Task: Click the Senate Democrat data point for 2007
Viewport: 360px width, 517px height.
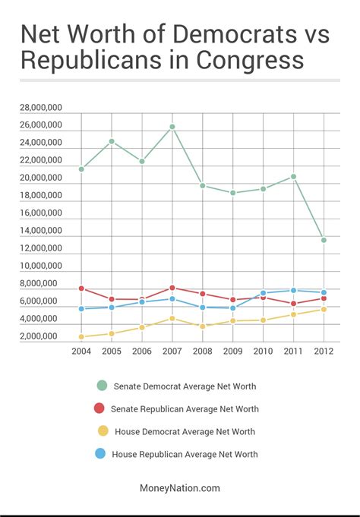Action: pos(172,127)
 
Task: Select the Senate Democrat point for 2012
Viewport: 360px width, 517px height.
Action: pos(324,240)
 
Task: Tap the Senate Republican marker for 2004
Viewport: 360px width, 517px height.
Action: pos(81,288)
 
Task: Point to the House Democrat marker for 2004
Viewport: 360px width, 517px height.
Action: pos(81,336)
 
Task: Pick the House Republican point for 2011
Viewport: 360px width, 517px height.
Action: pos(293,291)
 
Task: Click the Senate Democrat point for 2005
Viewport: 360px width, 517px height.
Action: pos(112,141)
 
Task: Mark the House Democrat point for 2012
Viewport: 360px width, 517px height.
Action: pos(324,309)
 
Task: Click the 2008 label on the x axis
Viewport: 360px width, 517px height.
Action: pos(202,352)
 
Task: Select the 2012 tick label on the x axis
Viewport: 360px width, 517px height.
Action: pos(324,352)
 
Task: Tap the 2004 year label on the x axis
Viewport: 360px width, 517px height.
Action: pos(81,352)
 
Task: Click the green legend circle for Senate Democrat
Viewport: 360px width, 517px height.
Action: pos(99,386)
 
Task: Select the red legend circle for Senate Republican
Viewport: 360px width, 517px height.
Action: pos(99,408)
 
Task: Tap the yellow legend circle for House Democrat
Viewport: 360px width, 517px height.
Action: pos(99,431)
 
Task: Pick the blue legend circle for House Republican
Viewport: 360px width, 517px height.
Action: pos(99,454)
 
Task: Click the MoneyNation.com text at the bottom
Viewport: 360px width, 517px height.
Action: pos(180,488)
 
